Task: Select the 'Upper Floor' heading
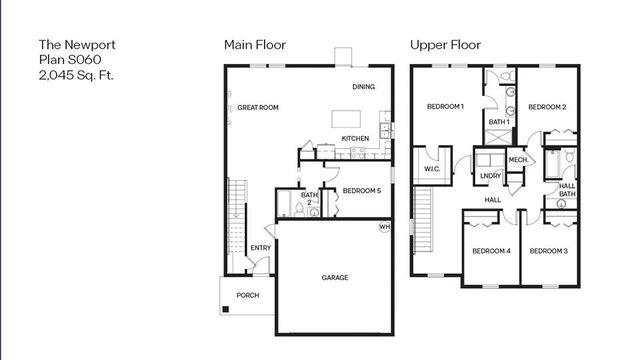tap(445, 45)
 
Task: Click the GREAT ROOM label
tap(258, 107)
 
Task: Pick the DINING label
tap(363, 87)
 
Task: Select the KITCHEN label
tap(355, 138)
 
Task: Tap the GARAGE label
tap(335, 277)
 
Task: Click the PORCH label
tap(247, 295)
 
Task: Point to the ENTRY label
tap(261, 248)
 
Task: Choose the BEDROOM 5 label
tap(361, 190)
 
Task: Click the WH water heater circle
tap(383, 227)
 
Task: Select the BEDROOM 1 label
tap(445, 106)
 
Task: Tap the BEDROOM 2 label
tap(547, 106)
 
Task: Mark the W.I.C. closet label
tap(432, 169)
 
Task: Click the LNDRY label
tap(490, 176)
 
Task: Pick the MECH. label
tap(518, 160)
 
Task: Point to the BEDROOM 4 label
tap(490, 251)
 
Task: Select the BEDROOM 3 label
tap(548, 251)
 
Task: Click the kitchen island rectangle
tap(349, 119)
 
